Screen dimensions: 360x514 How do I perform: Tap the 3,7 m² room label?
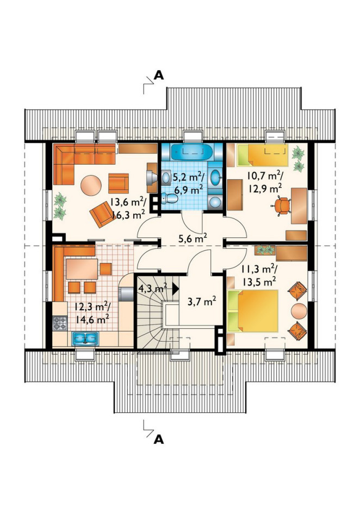point(202,300)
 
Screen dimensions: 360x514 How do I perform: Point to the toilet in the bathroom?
point(169,198)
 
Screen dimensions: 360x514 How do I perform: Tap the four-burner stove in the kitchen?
point(60,323)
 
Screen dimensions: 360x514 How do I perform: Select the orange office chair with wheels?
point(282,205)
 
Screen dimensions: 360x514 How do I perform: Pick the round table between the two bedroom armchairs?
point(299,311)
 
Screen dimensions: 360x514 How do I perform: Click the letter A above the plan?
point(159,76)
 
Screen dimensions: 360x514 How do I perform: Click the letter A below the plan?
point(159,439)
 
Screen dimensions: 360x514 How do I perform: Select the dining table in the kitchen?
point(82,269)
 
